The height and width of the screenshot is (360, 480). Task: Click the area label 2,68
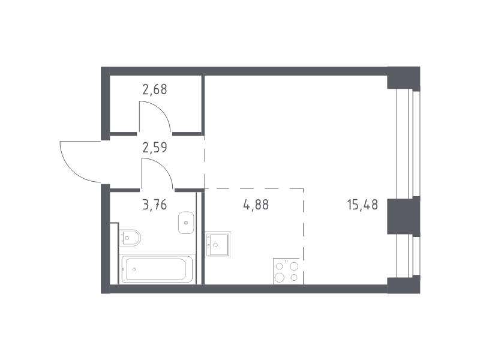pyautogui.click(x=155, y=89)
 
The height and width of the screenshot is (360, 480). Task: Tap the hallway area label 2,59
pyautogui.click(x=155, y=148)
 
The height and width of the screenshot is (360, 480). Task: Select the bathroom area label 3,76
pyautogui.click(x=155, y=205)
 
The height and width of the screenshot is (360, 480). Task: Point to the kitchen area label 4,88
pyautogui.click(x=256, y=205)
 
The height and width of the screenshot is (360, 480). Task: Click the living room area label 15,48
pyautogui.click(x=362, y=205)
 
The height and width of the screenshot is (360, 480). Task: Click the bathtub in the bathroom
pyautogui.click(x=157, y=269)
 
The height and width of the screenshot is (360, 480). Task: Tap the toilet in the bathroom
pyautogui.click(x=130, y=238)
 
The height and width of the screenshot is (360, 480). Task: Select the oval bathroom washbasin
pyautogui.click(x=186, y=223)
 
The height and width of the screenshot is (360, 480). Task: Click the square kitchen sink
pyautogui.click(x=218, y=244)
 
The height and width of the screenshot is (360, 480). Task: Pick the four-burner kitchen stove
pyautogui.click(x=287, y=272)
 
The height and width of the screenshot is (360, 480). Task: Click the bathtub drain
pyautogui.click(x=134, y=269)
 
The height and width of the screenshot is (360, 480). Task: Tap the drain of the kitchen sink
pyautogui.click(x=215, y=245)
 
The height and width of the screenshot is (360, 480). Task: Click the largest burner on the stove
pyautogui.click(x=279, y=277)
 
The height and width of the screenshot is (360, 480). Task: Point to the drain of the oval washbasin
pyautogui.click(x=186, y=223)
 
